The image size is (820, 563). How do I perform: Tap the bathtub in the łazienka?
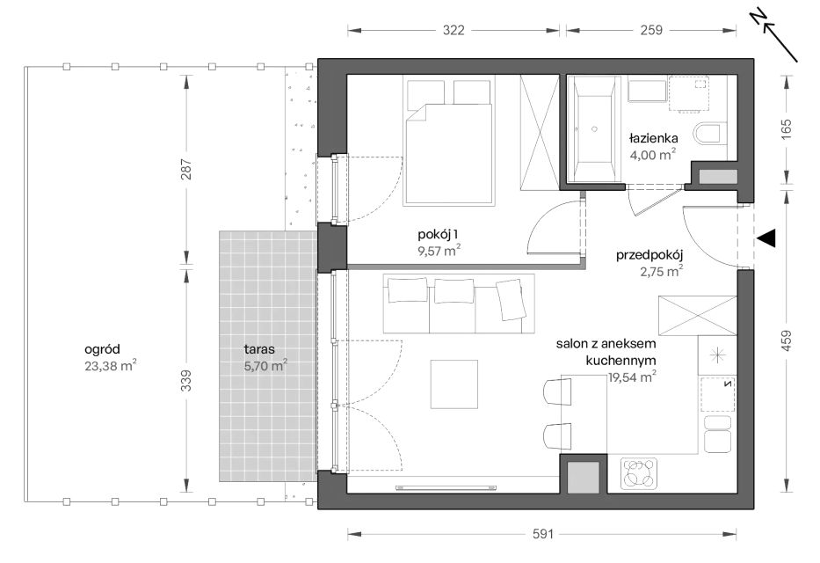(594, 128)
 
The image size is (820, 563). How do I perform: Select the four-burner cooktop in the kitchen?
(639, 473)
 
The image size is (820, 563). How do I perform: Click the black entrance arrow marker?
(766, 238)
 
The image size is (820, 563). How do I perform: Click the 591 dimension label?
(543, 534)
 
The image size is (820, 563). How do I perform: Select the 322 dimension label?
(454, 30)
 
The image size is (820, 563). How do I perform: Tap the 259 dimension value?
(651, 30)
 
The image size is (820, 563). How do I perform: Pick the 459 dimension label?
(786, 340)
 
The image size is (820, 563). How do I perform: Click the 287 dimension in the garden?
(186, 170)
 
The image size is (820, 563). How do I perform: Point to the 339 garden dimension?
(186, 381)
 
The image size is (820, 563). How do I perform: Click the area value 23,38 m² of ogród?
(111, 365)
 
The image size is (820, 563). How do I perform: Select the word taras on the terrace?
(259, 349)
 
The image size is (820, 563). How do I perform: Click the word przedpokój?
(649, 255)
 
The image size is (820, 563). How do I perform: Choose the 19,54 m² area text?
(632, 377)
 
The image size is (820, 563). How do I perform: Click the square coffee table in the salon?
(454, 384)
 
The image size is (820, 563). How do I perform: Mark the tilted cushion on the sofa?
(511, 300)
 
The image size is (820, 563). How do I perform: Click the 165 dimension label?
(786, 129)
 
